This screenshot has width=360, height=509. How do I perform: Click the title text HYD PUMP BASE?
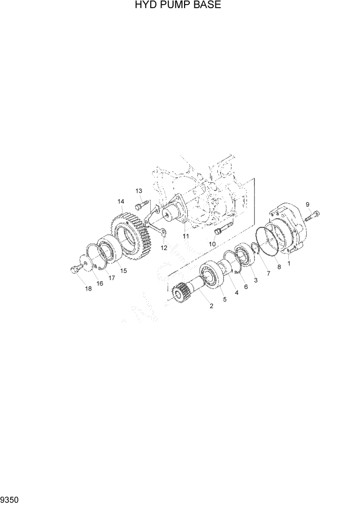tap(179, 6)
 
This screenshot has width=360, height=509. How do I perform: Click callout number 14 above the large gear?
tap(121, 201)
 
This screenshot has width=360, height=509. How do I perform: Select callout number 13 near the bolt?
tap(138, 191)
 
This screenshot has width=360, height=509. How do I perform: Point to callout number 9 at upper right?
tap(308, 205)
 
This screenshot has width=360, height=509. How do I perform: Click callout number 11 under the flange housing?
tap(185, 236)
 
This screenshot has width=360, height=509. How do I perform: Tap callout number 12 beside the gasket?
tap(164, 248)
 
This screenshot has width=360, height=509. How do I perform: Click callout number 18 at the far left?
tap(88, 288)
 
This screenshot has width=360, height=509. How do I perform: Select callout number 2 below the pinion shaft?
tap(210, 306)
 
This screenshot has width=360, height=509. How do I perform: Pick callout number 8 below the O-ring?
tap(278, 267)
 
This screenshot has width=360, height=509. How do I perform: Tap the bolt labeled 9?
tap(312, 216)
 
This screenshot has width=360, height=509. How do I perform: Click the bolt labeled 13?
tap(141, 206)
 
